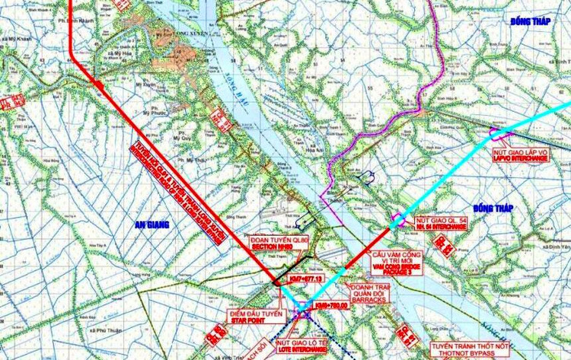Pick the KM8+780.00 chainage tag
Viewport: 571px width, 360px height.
point(330,305)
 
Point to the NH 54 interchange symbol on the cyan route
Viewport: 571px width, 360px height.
point(397,221)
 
